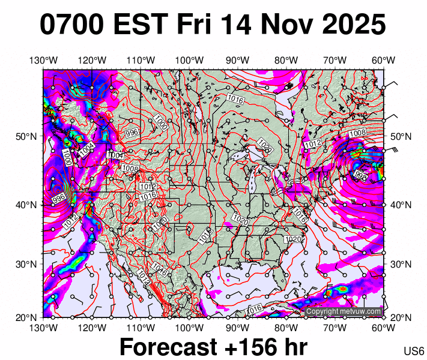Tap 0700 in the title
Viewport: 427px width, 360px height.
pyautogui.click(x=73, y=25)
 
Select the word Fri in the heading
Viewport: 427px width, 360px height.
pyautogui.click(x=193, y=25)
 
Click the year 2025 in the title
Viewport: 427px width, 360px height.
pyautogui.click(x=352, y=25)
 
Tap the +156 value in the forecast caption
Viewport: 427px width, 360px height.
pyautogui.click(x=250, y=347)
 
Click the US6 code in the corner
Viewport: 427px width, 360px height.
pyautogui.click(x=414, y=351)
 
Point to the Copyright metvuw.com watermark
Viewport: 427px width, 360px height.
pyautogui.click(x=343, y=312)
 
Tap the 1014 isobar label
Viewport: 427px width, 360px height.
pyautogui.click(x=143, y=276)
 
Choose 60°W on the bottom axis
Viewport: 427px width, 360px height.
pyautogui.click(x=383, y=328)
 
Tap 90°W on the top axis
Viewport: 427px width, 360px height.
pyautogui.click(x=237, y=61)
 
